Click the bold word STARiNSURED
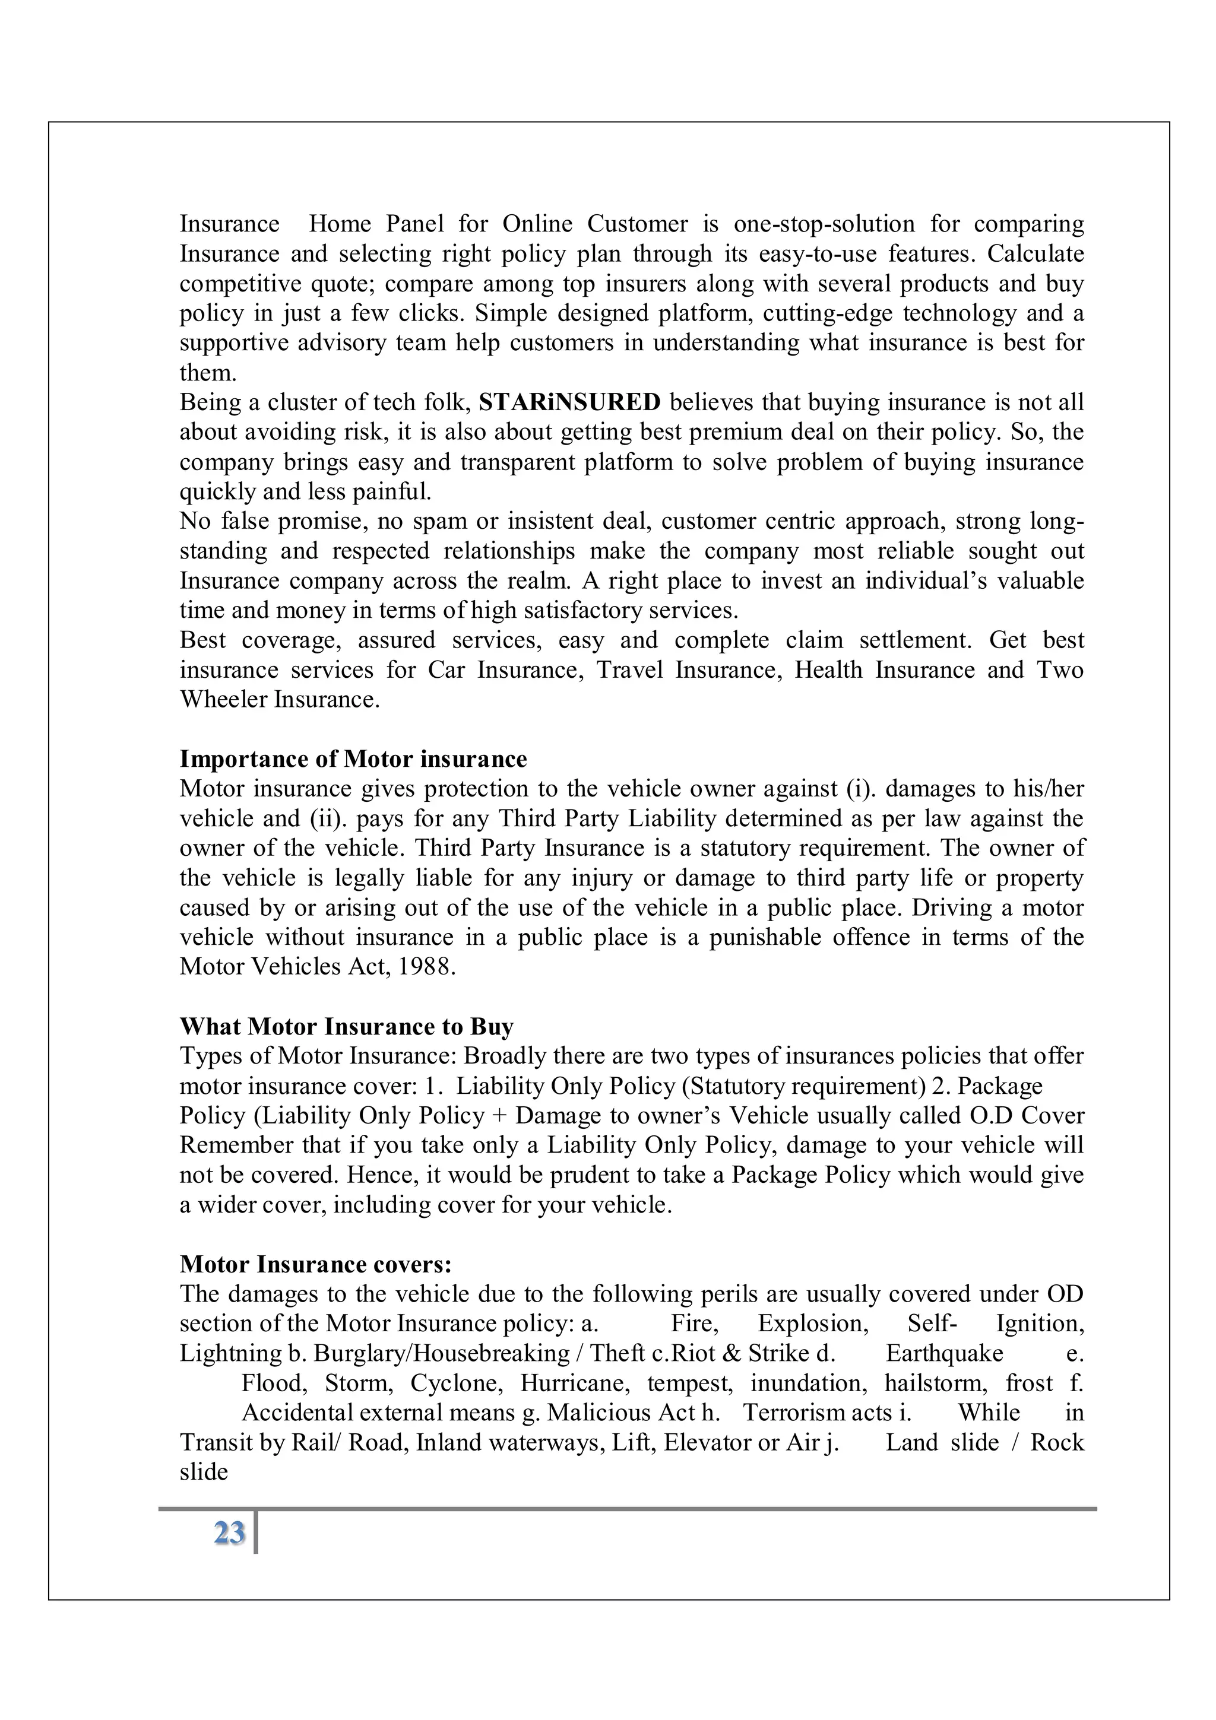[569, 402]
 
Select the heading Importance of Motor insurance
[353, 759]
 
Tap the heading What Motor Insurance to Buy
[346, 1026]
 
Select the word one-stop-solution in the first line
[824, 224]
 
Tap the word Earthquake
[944, 1353]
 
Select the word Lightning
[230, 1353]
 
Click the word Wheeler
[223, 700]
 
